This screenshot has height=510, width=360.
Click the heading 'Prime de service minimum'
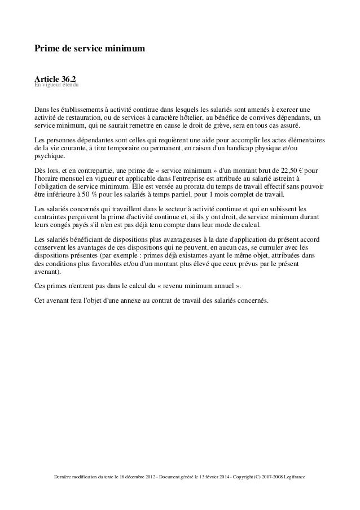click(x=90, y=50)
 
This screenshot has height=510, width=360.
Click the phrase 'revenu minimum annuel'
click(x=196, y=286)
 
